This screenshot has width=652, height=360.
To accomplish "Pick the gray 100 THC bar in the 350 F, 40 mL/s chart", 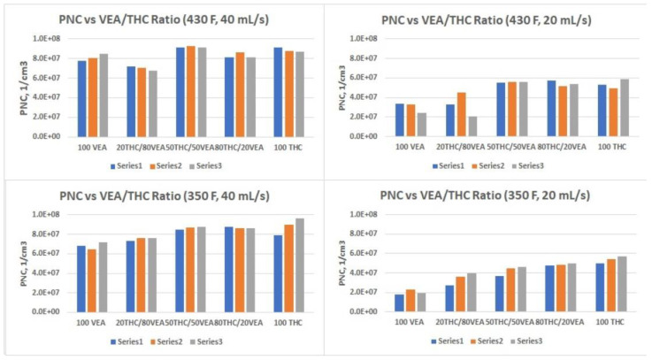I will [x=300, y=264].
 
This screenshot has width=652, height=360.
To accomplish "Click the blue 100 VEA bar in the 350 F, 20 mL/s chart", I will [x=399, y=303].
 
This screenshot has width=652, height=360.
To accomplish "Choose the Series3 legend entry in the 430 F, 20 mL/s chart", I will [x=527, y=165].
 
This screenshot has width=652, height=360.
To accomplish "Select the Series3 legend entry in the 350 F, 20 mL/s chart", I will [x=527, y=341].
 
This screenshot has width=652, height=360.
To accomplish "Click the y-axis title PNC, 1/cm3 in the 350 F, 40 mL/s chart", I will [x=13, y=263].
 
